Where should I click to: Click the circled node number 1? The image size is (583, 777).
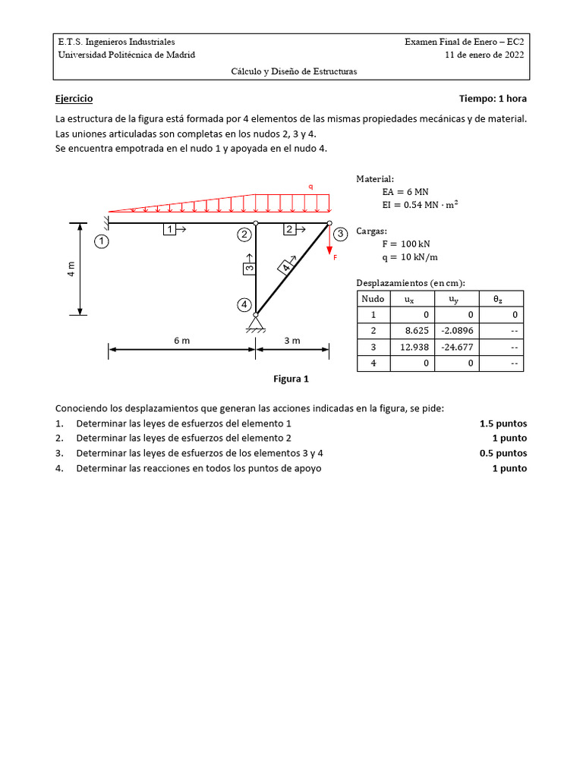102,242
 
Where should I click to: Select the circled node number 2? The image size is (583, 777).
244,234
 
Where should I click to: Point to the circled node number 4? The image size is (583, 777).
244,304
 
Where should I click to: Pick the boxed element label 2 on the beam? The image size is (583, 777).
289,228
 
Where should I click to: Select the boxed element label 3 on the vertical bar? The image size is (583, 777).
249,268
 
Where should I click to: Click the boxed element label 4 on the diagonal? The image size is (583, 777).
286,266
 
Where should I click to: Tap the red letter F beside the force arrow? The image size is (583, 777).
335,257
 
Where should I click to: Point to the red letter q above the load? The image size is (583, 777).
310,186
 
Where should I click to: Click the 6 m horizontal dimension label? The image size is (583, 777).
181,341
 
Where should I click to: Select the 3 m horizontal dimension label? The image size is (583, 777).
292,341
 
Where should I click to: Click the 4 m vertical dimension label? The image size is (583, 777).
71,269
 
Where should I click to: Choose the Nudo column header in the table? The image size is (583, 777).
373,300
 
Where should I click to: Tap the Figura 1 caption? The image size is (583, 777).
291,379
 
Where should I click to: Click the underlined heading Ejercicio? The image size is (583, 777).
74,99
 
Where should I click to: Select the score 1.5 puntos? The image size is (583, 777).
503,423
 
